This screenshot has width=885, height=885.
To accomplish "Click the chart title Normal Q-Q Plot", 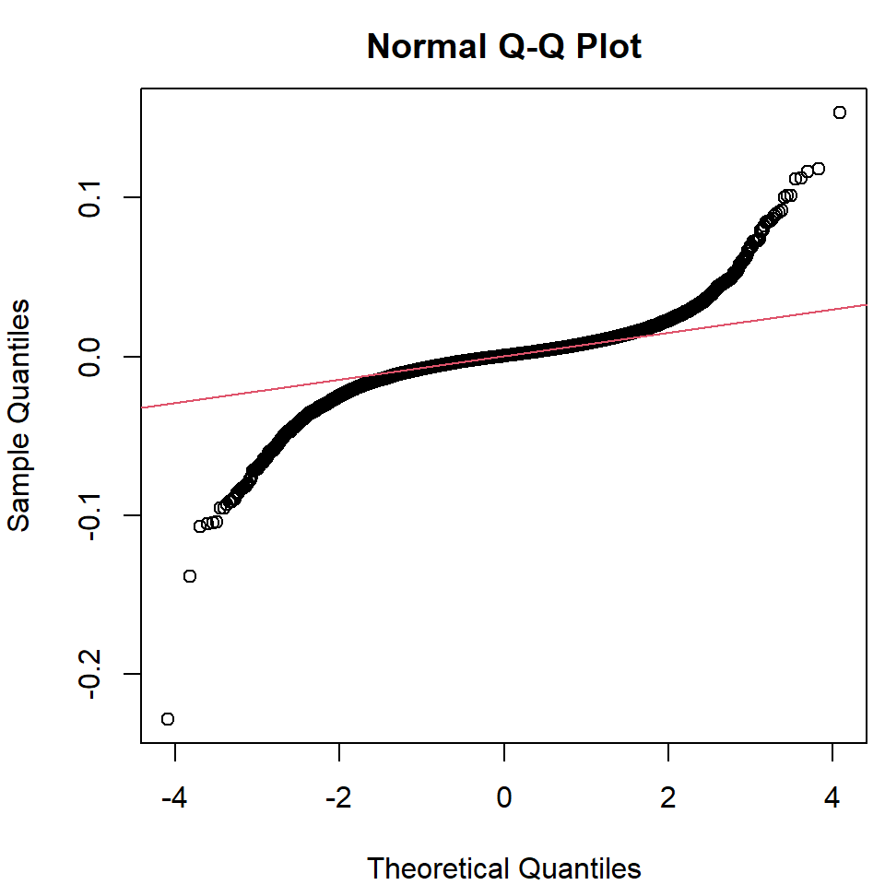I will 503,46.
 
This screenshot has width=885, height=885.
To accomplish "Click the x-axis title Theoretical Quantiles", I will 503,867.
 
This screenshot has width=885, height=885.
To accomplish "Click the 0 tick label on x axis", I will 504,797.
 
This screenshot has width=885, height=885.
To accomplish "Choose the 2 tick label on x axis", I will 668,797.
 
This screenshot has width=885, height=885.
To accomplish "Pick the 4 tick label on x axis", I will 832,797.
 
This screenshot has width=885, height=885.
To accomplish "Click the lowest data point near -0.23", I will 168,718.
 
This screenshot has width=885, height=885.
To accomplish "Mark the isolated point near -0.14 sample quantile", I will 190,576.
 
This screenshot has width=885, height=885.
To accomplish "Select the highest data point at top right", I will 839,112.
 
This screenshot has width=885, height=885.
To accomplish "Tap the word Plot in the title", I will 609,46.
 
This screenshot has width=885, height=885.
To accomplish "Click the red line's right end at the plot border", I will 865,303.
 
